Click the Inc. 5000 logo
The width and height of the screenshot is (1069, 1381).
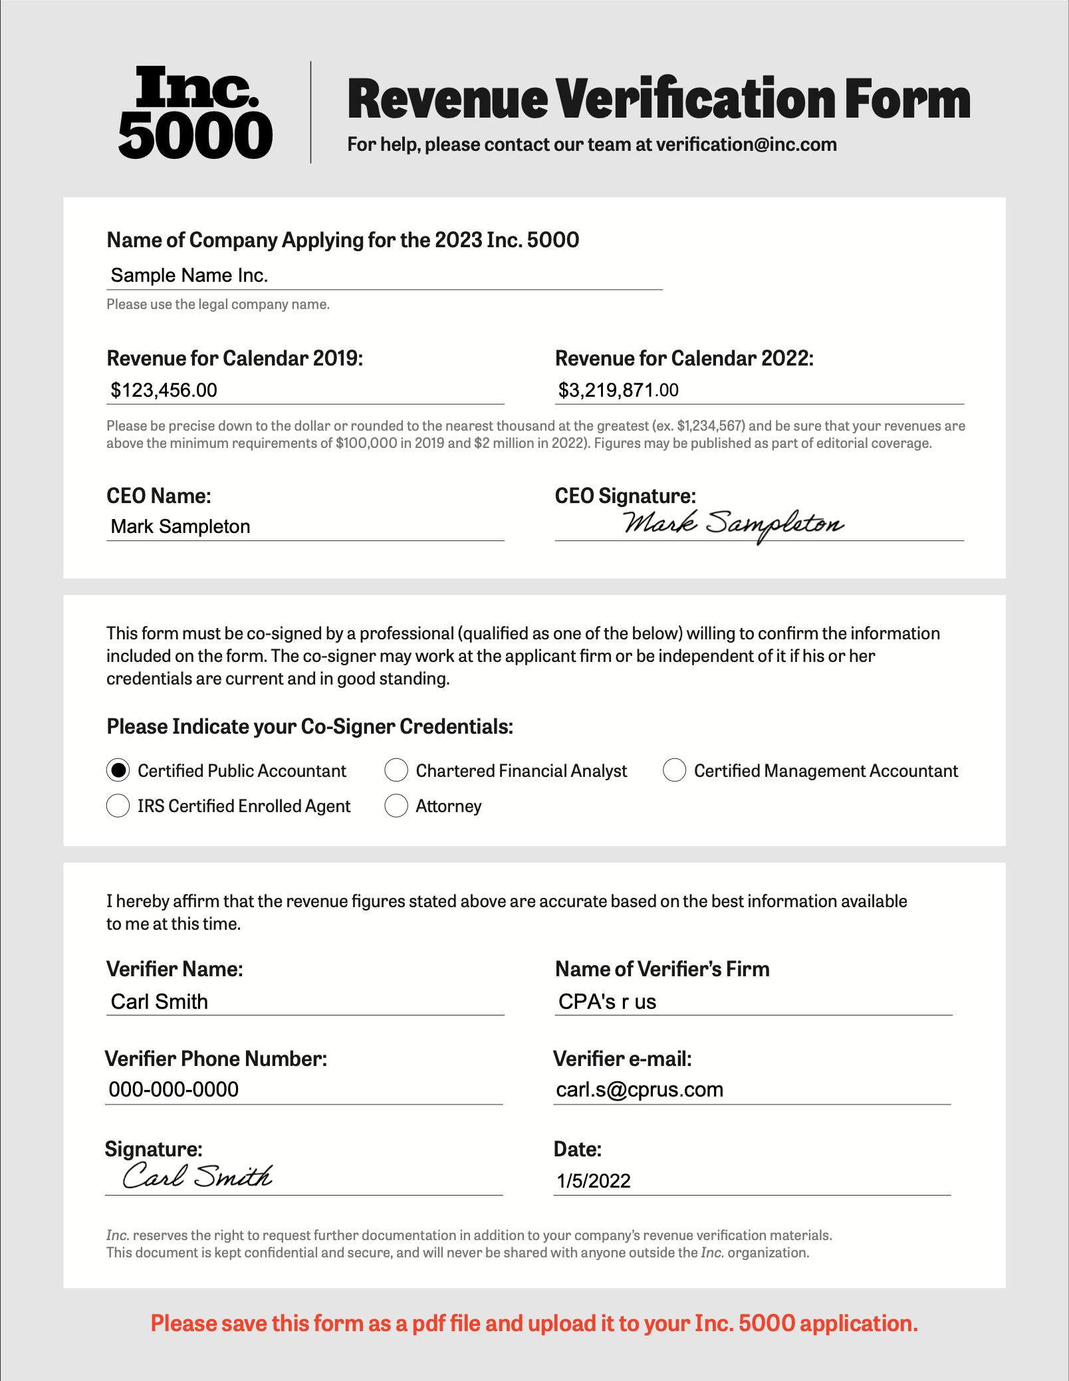(195, 112)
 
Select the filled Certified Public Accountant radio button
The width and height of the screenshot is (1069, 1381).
(118, 770)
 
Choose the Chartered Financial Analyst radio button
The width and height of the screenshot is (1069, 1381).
(396, 770)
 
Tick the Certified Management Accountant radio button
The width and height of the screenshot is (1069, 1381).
(674, 770)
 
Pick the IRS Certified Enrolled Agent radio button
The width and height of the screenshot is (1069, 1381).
(118, 805)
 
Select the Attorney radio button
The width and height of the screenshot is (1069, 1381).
(396, 805)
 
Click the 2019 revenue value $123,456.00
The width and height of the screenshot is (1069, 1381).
(164, 390)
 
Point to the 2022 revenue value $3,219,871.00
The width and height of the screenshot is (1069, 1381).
(618, 390)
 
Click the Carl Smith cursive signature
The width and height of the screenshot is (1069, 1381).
(197, 1176)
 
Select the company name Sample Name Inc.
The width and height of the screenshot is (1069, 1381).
(189, 275)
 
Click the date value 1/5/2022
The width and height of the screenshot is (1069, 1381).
(593, 1181)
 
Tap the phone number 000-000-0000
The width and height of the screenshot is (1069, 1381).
(174, 1090)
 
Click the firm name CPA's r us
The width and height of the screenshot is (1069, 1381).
(607, 1002)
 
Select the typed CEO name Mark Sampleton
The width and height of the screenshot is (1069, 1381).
(180, 526)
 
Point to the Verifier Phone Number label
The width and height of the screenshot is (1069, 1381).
(216, 1059)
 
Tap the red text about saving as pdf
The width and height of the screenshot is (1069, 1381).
(534, 1323)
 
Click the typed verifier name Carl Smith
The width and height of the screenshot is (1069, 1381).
(160, 1002)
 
